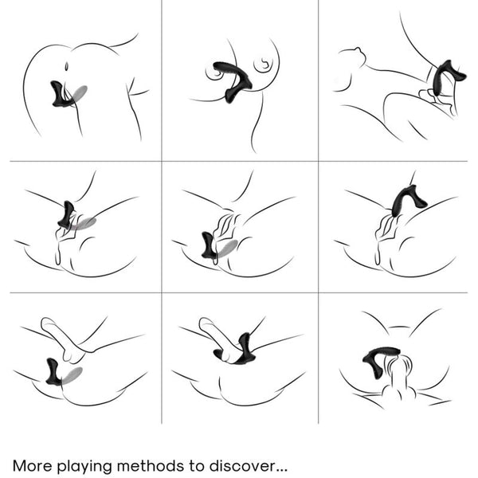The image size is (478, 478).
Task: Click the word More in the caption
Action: (33, 466)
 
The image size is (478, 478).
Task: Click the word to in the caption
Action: (196, 466)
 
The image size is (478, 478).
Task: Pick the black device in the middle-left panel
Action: (66, 215)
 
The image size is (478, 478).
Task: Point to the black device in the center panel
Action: (209, 246)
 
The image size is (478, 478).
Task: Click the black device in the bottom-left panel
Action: (53, 372)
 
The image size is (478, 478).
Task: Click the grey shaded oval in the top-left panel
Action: (79, 93)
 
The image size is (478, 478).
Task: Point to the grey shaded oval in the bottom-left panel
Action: (72, 375)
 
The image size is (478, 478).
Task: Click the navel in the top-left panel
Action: (67, 66)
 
